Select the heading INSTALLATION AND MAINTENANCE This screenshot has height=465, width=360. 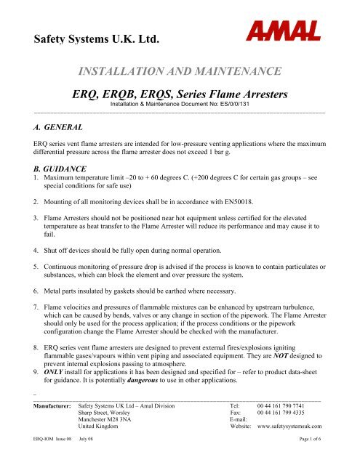(x=179, y=71)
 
